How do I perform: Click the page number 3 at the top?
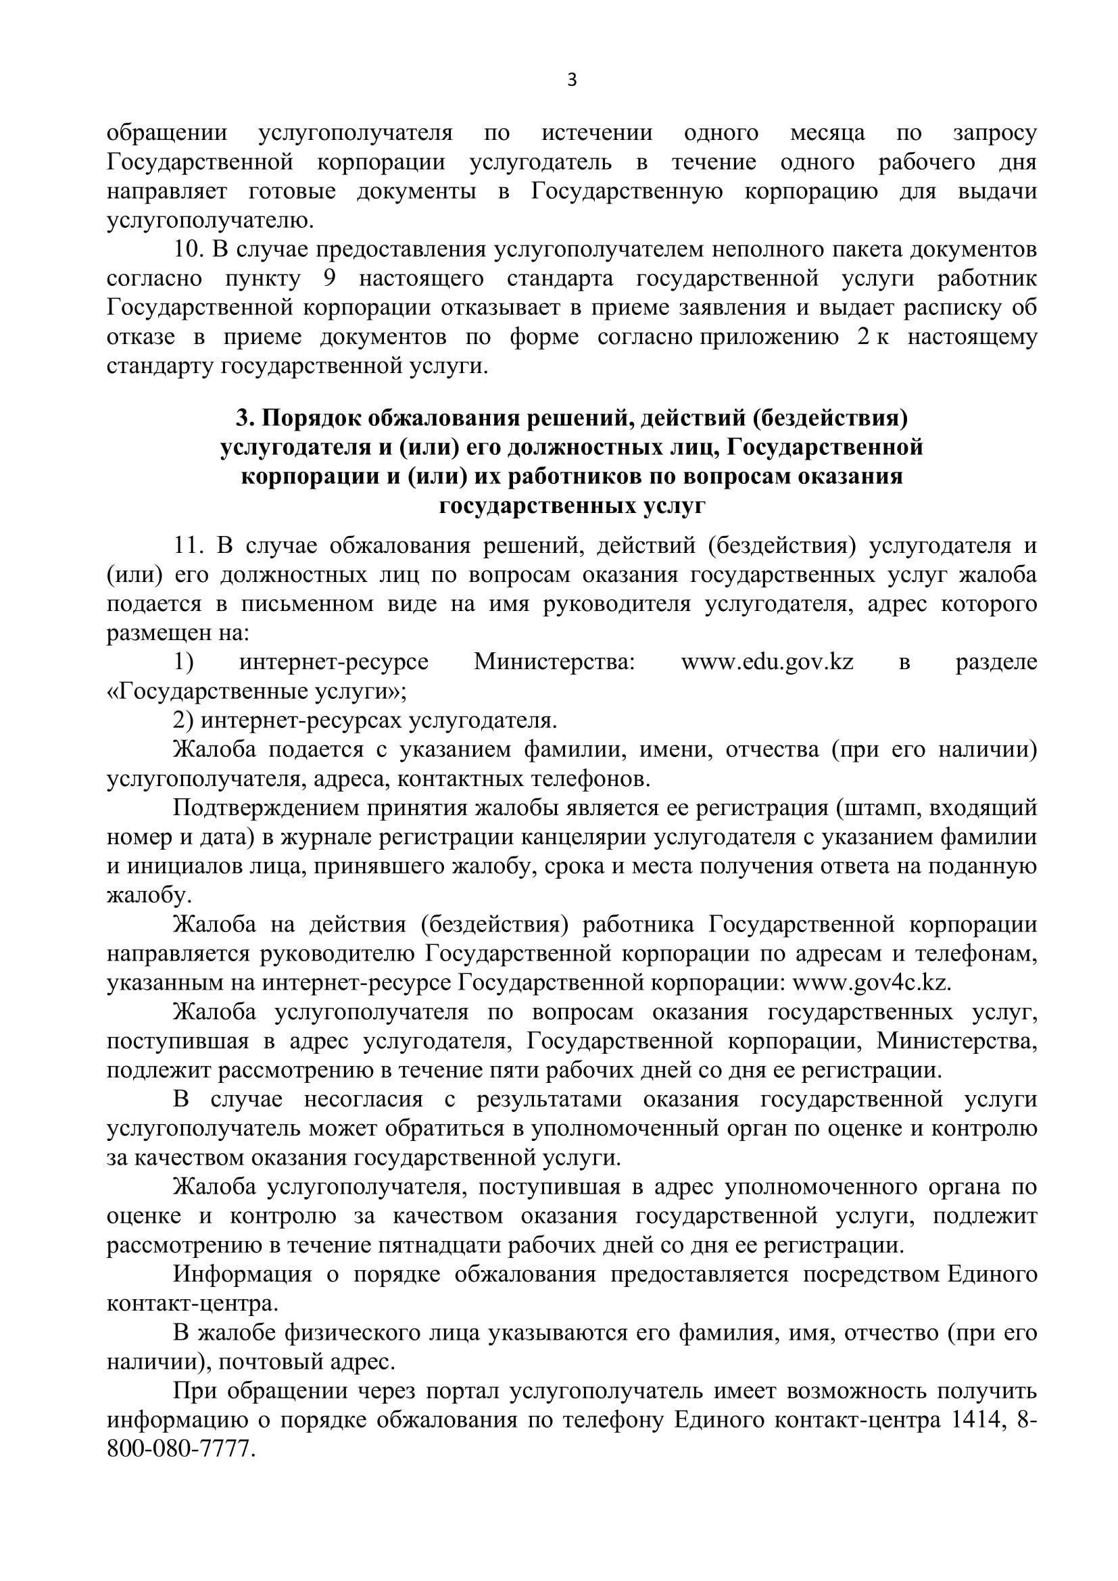571,81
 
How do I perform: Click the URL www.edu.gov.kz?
767,662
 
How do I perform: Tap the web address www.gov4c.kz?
872,982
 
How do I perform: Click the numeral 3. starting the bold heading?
245,418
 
